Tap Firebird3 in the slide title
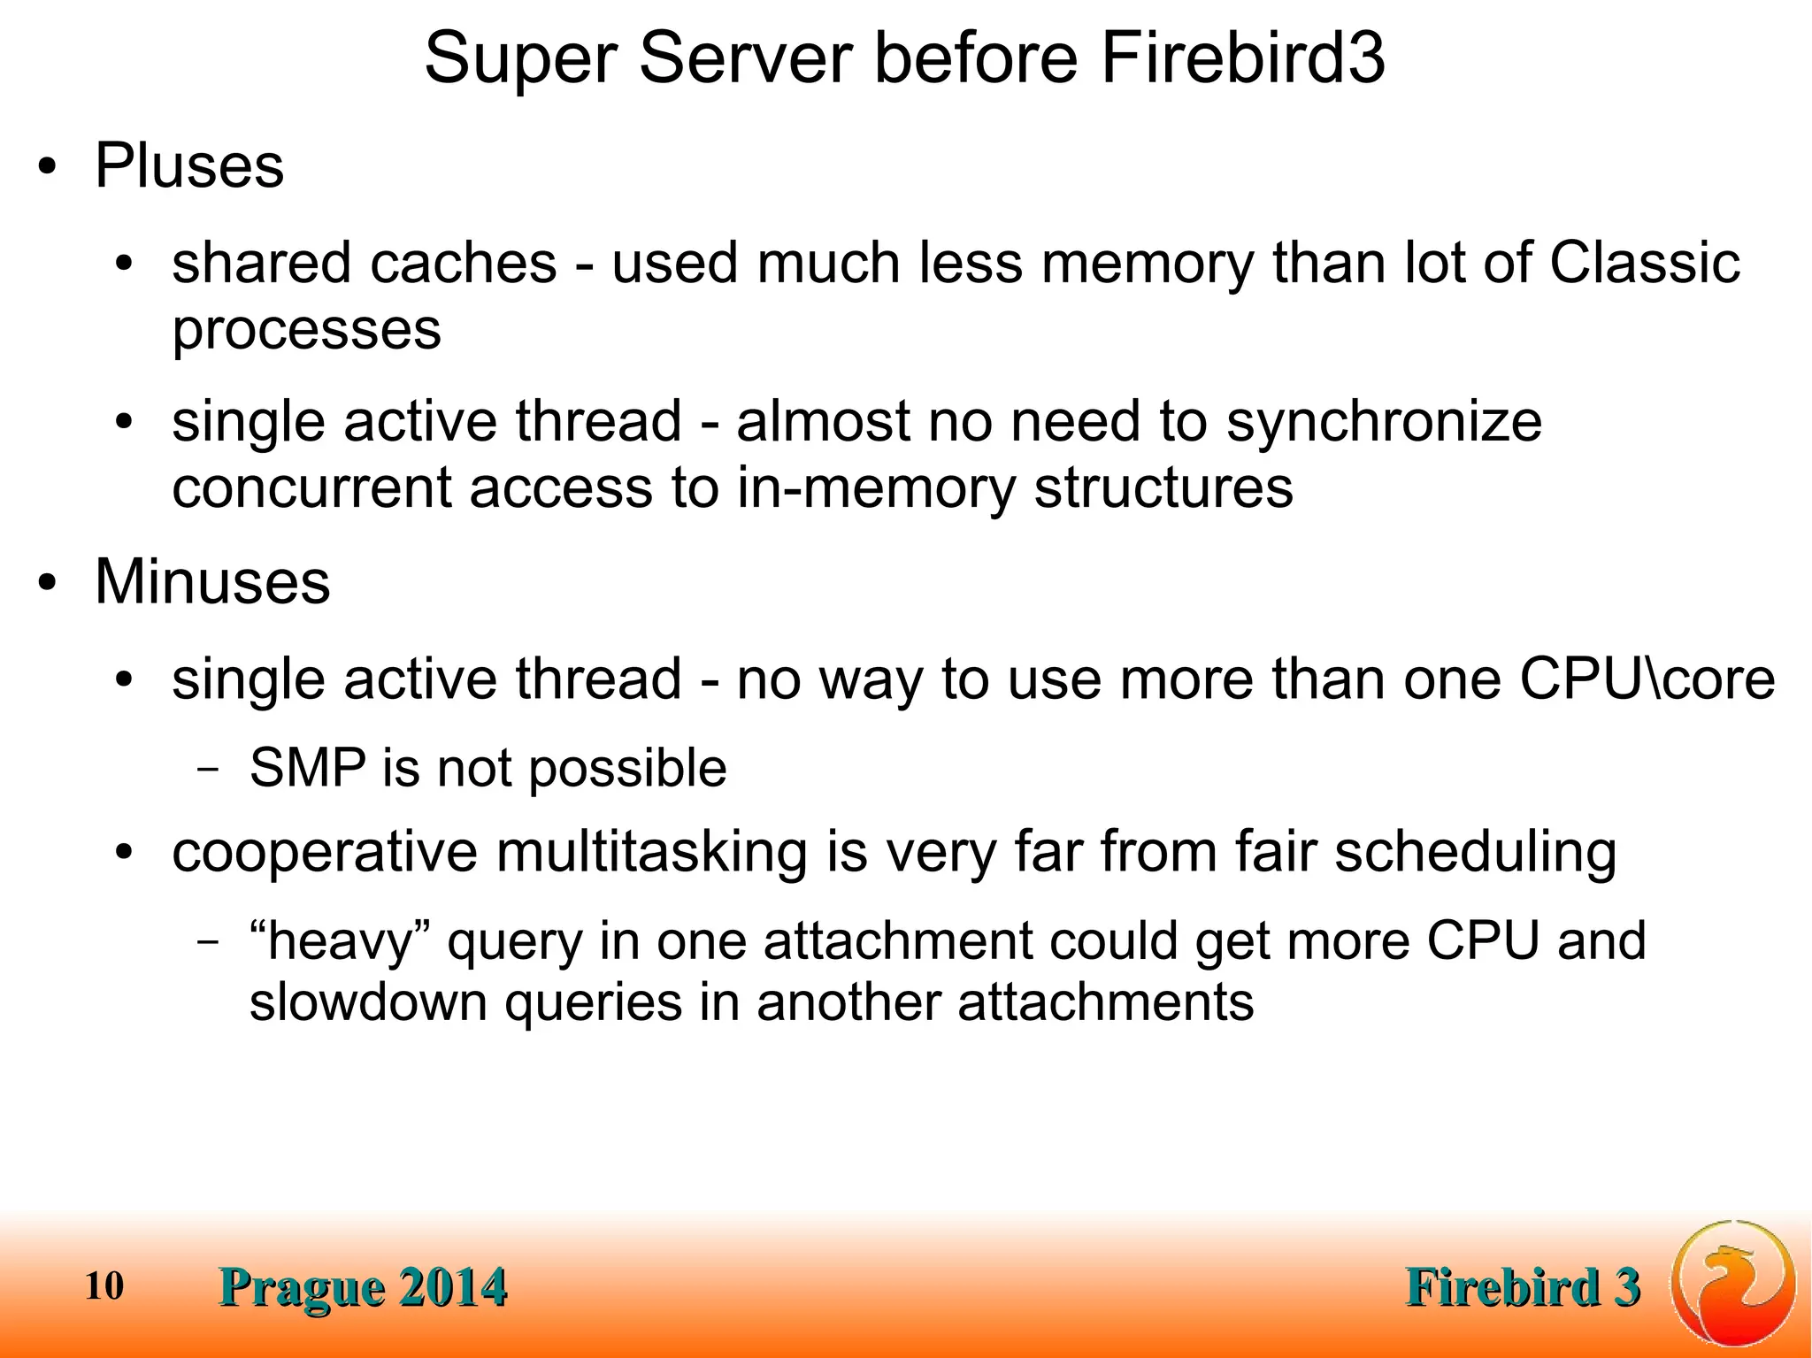1242,59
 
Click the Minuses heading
212,582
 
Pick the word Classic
1644,263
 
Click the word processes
306,330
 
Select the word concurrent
311,488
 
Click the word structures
1163,488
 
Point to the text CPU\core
1647,679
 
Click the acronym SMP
308,767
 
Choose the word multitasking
652,852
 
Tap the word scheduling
1475,854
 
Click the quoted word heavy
341,940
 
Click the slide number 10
104,1285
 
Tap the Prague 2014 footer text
364,1286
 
